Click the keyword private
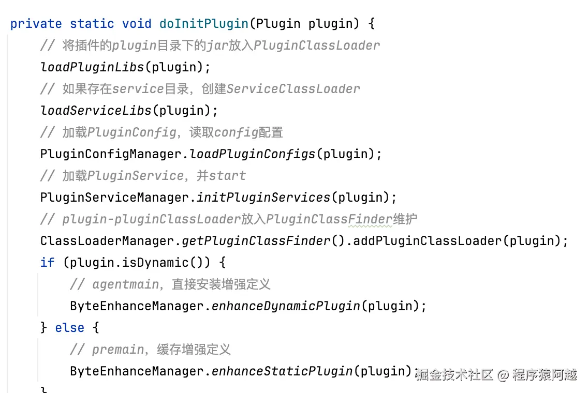[x=36, y=24]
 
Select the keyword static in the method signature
[x=92, y=24]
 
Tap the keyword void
[x=137, y=24]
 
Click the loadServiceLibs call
[x=96, y=111]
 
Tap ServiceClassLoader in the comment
[x=293, y=89]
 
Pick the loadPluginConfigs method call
[x=253, y=154]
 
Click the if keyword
[x=47, y=263]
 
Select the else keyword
[x=69, y=328]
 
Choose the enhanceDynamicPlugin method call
[x=286, y=306]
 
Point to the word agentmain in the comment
[x=125, y=284]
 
